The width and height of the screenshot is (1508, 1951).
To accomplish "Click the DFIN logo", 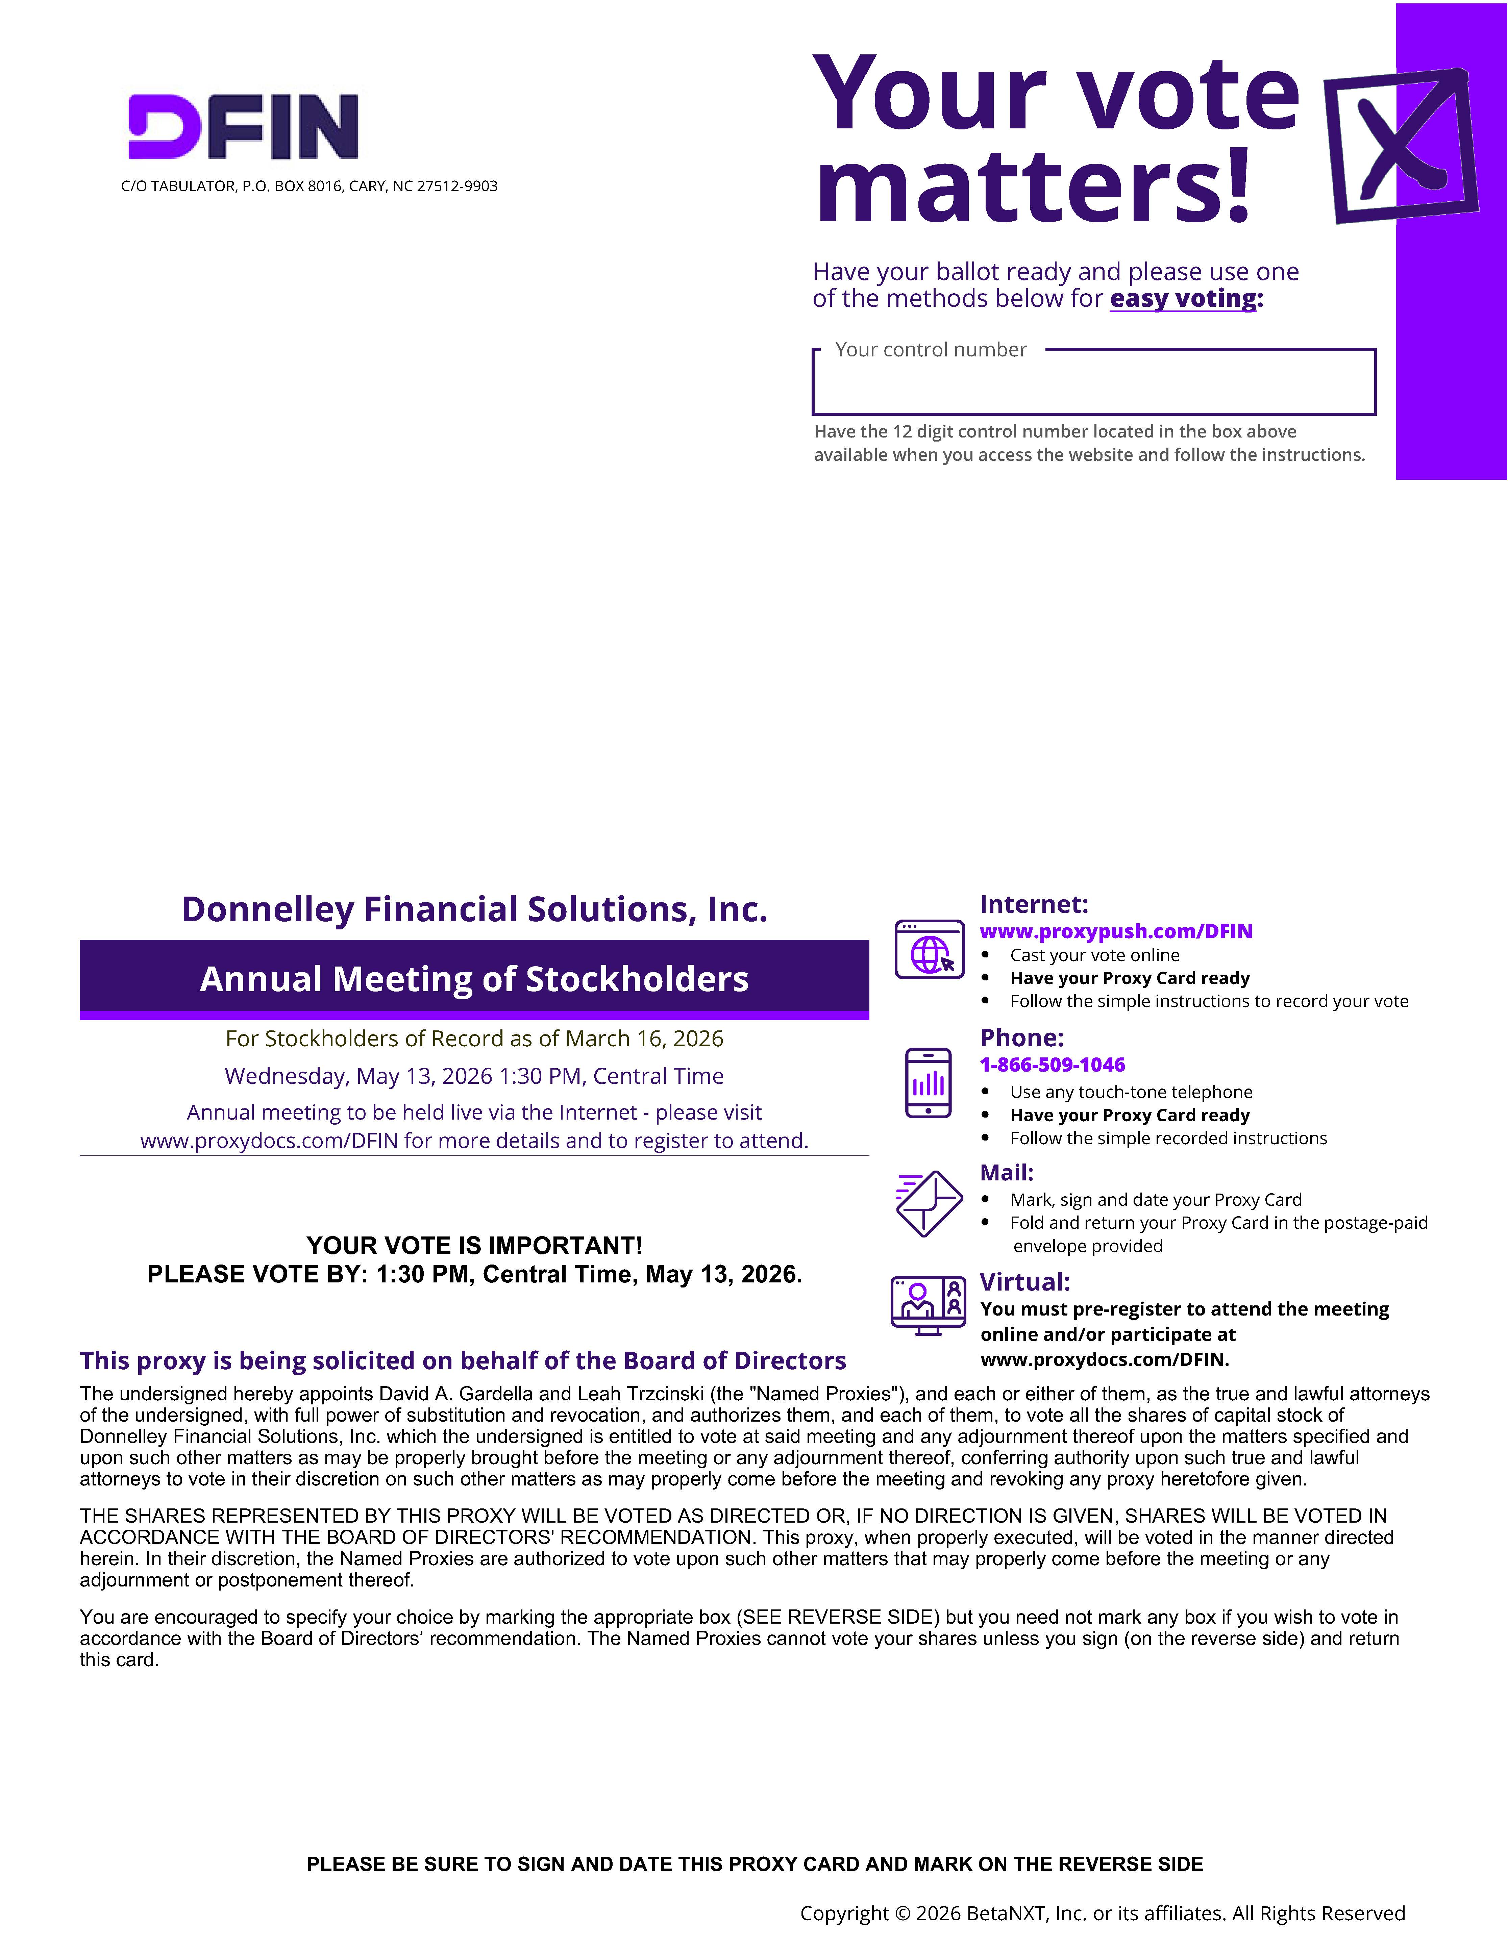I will coord(243,127).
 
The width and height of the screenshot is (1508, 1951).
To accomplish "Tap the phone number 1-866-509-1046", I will coord(1053,1065).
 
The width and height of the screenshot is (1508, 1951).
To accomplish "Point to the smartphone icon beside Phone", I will coord(928,1083).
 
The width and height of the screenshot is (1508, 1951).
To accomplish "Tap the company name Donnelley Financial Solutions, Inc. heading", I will coord(474,909).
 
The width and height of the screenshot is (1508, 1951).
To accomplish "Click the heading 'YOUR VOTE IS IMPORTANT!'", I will coord(474,1245).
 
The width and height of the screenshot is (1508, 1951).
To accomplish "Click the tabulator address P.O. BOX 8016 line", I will coord(309,186).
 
